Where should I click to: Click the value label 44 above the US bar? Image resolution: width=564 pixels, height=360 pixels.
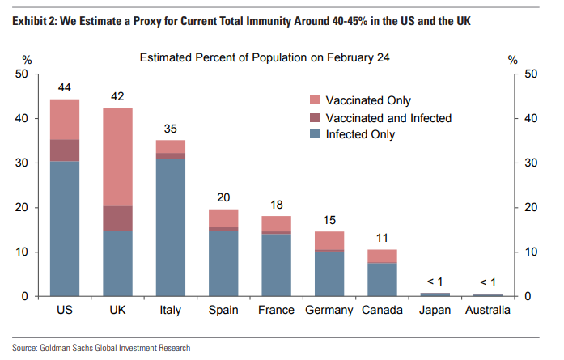[x=64, y=87]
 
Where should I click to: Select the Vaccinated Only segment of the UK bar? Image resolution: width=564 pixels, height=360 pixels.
[x=117, y=157]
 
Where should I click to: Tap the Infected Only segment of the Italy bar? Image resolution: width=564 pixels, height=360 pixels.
[x=171, y=227]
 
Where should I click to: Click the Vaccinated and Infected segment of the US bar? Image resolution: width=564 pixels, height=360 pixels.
[x=64, y=150]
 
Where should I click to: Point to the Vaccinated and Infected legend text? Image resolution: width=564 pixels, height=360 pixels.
[x=388, y=117]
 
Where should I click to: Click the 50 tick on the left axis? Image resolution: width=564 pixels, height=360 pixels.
[x=23, y=74]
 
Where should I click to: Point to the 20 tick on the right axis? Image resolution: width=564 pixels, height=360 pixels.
[x=532, y=208]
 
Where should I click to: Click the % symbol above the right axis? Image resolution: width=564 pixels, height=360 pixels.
[x=511, y=59]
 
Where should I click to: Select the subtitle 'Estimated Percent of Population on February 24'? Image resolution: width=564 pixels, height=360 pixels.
[x=265, y=58]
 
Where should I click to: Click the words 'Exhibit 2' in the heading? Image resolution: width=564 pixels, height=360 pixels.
[x=33, y=19]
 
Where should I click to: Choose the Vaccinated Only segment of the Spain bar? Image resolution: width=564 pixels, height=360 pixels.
[x=223, y=218]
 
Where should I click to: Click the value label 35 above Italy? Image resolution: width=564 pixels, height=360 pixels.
[x=171, y=128]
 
